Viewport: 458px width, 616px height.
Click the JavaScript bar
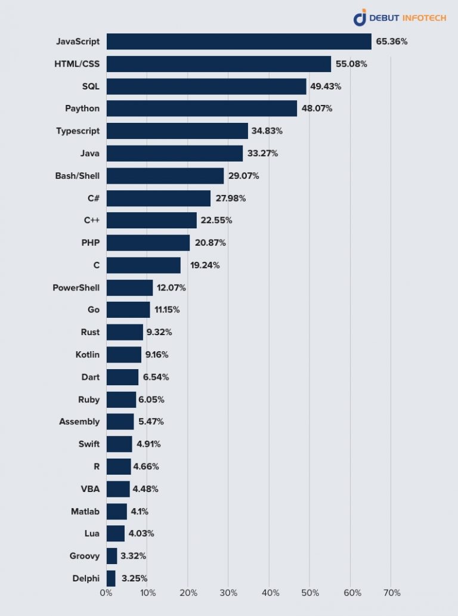[239, 42]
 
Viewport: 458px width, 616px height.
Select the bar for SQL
[206, 86]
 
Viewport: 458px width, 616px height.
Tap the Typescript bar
[177, 131]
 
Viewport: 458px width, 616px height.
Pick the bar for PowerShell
[129, 288]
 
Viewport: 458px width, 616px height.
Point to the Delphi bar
[111, 578]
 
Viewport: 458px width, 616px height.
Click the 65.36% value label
[392, 42]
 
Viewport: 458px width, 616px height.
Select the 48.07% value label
[317, 109]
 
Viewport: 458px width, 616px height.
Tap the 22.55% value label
[216, 221]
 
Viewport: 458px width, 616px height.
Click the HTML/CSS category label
[77, 64]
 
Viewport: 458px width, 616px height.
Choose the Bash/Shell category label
[77, 176]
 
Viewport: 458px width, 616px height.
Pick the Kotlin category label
[88, 355]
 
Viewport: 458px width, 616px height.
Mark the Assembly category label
[79, 422]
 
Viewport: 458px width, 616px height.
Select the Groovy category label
[84, 556]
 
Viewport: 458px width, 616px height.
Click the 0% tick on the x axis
[106, 593]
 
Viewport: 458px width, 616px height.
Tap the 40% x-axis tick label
[270, 593]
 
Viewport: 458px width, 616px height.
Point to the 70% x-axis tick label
[392, 593]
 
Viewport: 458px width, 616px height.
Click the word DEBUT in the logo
[384, 18]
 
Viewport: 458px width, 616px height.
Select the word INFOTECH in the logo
[423, 18]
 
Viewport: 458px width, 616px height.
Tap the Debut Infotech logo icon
[360, 18]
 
